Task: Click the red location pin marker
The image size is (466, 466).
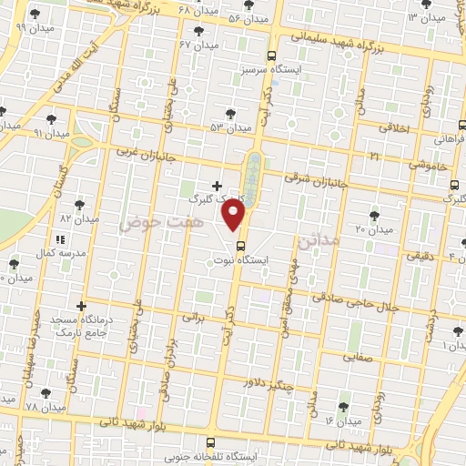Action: coord(235,216)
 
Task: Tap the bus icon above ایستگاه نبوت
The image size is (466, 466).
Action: coord(240,245)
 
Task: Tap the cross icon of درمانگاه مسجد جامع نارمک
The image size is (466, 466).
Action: coord(83,306)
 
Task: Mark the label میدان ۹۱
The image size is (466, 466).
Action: coord(25,132)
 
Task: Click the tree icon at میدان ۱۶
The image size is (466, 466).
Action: coord(342,406)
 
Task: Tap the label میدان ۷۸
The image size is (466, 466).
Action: coord(45,406)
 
